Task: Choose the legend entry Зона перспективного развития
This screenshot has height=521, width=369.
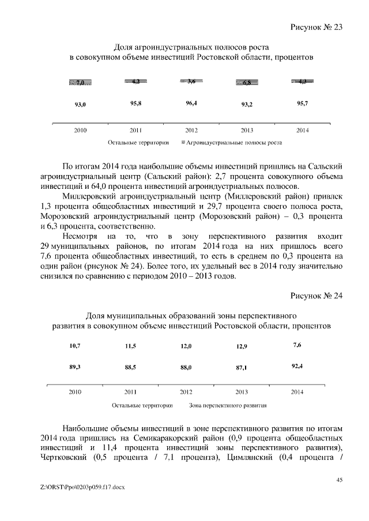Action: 228,405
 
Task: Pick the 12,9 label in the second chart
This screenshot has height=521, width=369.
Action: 242,346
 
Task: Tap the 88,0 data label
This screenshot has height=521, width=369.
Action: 186,367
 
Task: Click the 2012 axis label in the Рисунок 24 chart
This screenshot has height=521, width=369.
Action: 186,392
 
